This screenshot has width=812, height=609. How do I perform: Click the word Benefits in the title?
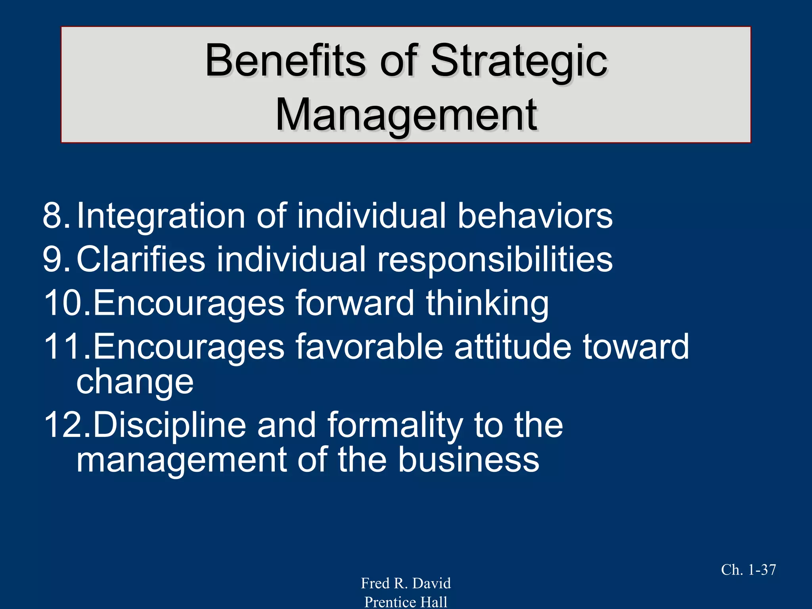[x=285, y=61]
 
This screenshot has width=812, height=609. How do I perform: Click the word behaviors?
[x=535, y=215]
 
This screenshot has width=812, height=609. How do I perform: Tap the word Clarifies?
[x=141, y=259]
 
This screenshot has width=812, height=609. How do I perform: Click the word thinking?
[x=488, y=303]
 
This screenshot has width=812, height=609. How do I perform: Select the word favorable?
[x=369, y=346]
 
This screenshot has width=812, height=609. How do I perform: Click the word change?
[x=135, y=382]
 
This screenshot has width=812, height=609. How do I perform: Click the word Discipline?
[x=170, y=425]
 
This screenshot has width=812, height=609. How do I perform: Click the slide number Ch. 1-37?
[x=748, y=570]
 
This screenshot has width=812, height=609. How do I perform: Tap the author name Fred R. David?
[x=406, y=583]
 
